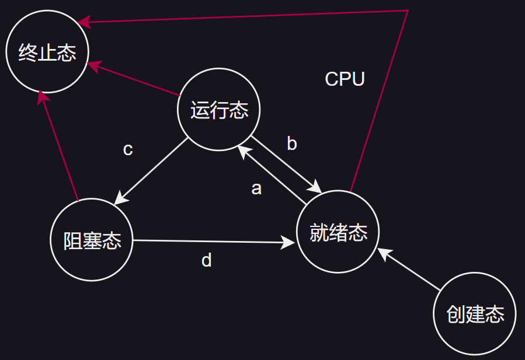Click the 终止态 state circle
(47, 53)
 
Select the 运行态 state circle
(219, 110)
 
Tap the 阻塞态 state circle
(92, 240)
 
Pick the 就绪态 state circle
(338, 232)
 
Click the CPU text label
(345, 79)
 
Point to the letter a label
(256, 188)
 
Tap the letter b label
(292, 144)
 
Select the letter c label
(128, 149)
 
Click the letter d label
(206, 260)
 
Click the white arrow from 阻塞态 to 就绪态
(210, 240)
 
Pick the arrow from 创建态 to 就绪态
(409, 269)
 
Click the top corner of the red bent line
(407, 11)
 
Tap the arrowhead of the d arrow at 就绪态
(290, 241)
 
